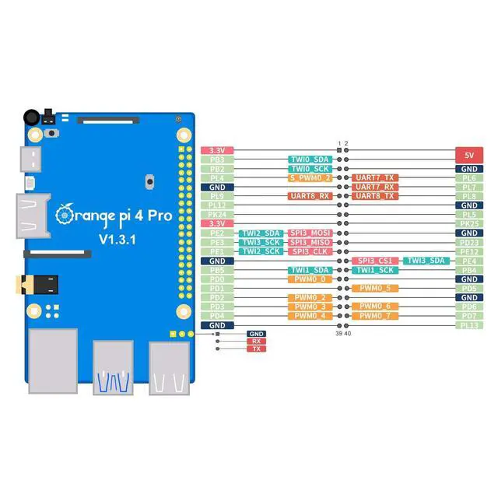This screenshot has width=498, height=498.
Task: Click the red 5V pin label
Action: tap(468, 154)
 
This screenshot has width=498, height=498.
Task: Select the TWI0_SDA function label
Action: tap(311, 160)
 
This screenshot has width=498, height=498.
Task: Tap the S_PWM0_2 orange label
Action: tap(311, 177)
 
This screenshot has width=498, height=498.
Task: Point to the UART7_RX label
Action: tap(375, 187)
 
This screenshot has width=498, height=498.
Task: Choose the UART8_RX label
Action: tap(311, 196)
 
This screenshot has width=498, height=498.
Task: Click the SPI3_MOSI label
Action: tap(311, 233)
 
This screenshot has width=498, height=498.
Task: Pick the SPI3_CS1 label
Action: tap(375, 261)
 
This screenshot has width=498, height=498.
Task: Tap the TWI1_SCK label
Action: tap(375, 270)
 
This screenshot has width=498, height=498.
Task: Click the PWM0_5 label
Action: tap(375, 288)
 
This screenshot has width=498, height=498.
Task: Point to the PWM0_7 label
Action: tap(375, 316)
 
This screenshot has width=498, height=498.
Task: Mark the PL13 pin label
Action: tap(468, 325)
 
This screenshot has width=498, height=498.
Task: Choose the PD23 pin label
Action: tap(468, 242)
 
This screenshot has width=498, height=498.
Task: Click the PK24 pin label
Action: tap(218, 214)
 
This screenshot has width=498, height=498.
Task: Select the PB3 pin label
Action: tap(218, 160)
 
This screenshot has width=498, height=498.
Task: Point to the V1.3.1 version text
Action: tap(117, 239)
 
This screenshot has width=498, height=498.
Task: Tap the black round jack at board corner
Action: tap(31, 116)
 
